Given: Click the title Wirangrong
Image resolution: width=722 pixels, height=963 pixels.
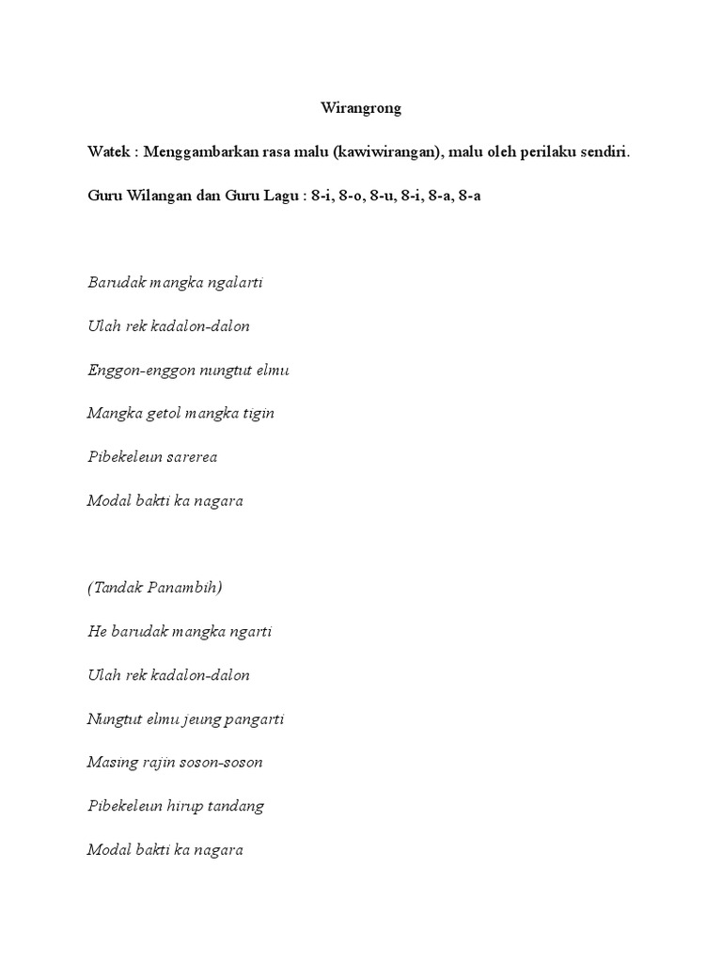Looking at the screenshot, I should (361, 108).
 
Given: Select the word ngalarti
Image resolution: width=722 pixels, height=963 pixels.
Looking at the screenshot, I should (234, 283).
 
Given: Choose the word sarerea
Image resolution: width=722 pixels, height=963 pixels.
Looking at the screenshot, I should (192, 457).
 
